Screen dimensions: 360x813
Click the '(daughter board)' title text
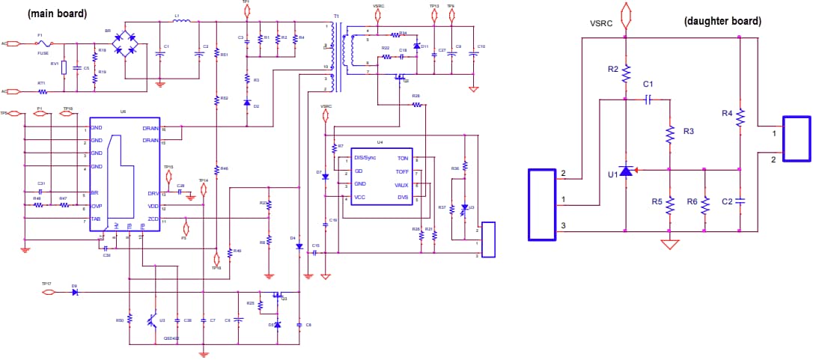coord(722,21)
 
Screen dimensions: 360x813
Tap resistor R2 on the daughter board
coord(626,73)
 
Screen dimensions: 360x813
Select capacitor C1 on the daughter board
coord(649,98)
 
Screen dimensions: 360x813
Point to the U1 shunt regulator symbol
coord(626,171)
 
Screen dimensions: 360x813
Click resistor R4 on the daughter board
coord(740,117)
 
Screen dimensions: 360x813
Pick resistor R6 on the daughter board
coord(704,204)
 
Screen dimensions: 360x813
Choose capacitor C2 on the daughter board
coord(740,201)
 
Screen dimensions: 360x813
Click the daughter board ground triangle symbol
coord(670,244)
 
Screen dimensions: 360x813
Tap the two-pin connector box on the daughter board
coord(797,138)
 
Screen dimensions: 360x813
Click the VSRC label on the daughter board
coord(602,23)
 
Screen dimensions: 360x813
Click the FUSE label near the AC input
coord(43,53)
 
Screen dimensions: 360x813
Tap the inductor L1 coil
coord(181,21)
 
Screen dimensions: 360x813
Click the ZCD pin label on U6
coord(153,219)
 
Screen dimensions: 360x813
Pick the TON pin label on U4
coord(403,159)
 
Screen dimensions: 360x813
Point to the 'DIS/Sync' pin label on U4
coord(365,158)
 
